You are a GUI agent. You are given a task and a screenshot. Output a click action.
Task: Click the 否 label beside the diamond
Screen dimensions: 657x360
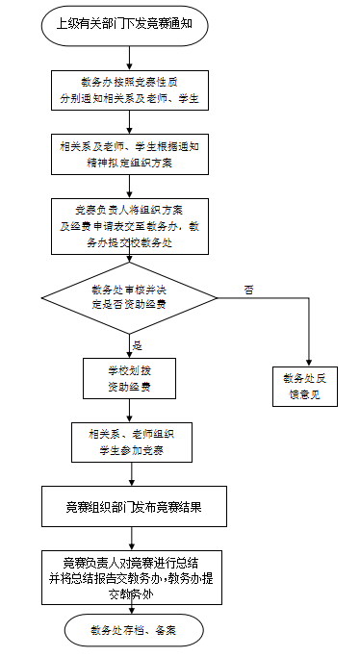(x=248, y=287)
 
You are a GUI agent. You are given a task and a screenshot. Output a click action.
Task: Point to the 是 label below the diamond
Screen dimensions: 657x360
(x=136, y=344)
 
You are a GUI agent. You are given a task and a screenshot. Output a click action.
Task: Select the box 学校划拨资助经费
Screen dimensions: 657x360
(x=129, y=378)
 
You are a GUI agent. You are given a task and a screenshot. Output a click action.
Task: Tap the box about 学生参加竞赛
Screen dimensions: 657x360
(x=129, y=441)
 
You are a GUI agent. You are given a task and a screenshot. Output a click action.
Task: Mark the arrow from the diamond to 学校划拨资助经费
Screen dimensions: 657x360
(x=129, y=342)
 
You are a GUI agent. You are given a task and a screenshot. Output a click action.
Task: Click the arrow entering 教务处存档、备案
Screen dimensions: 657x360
(x=129, y=606)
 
